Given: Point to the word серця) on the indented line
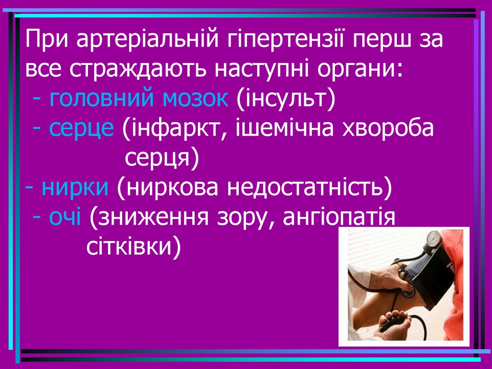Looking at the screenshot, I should click(x=161, y=158).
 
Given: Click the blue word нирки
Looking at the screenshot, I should click(x=74, y=188).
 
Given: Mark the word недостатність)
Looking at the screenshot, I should click(x=310, y=188).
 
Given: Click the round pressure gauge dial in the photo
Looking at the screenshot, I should click(x=433, y=238).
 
